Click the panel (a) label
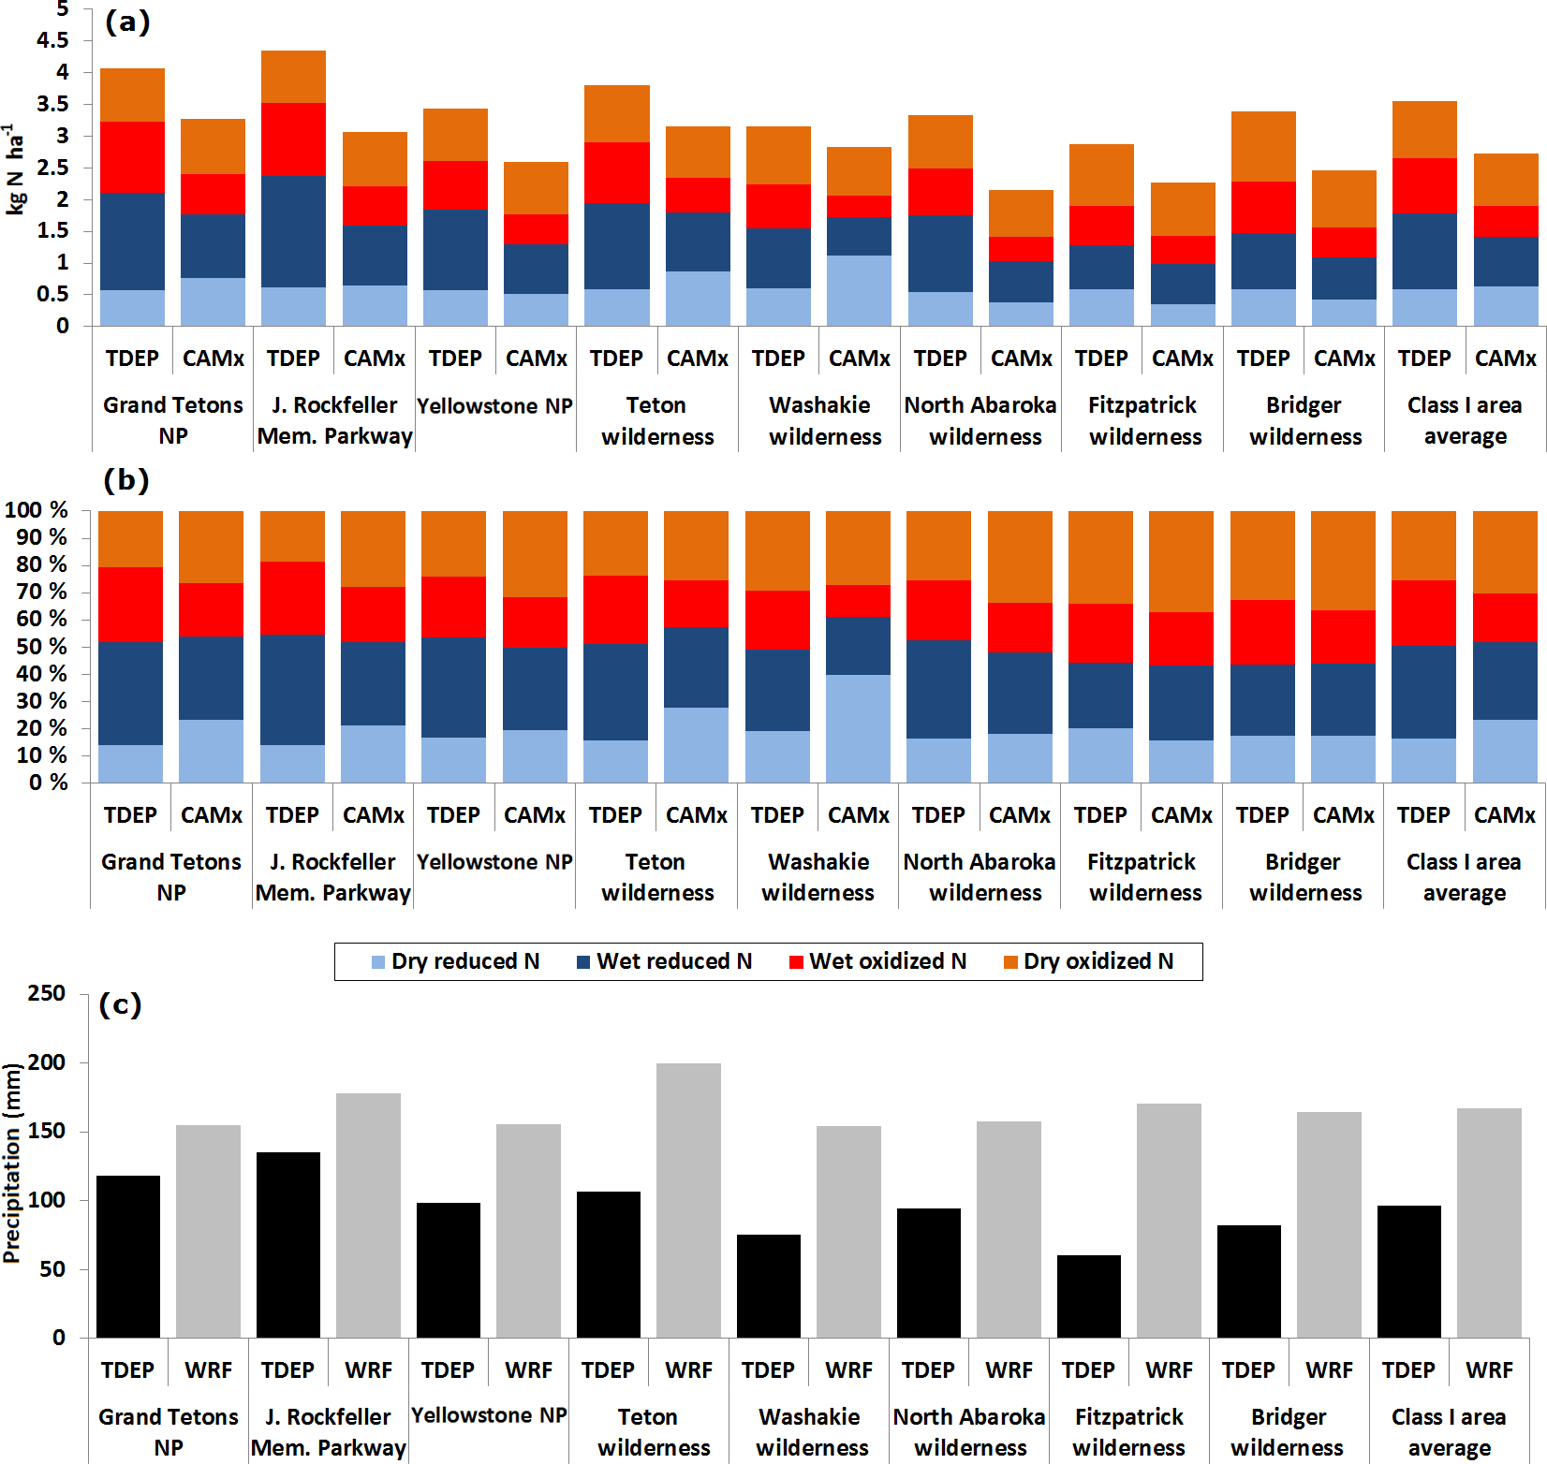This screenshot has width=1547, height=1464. pos(126,22)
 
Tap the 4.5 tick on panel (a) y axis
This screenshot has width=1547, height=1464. pos(52,40)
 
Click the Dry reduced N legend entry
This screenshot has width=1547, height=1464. pos(455,961)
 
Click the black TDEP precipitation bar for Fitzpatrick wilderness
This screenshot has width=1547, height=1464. pos(1088,1296)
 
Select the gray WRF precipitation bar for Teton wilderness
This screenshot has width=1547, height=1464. pos(688,1200)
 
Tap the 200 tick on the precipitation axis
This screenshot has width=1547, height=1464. pos(47,1062)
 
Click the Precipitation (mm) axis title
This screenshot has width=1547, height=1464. pos(12,1163)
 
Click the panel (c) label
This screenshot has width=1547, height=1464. pos(120,1004)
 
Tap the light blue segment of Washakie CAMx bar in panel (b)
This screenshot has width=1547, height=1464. pos(858,728)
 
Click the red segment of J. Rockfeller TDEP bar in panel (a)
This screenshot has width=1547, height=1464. pos(293,139)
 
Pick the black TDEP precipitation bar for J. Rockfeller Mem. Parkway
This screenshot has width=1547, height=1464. pos(287,1245)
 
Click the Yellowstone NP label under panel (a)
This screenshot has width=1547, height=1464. pos(494,406)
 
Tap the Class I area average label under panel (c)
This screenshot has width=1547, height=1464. pos(1449,1432)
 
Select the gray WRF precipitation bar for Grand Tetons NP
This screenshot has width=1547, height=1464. pos(208,1231)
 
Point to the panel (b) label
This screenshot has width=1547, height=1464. pos(126,480)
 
